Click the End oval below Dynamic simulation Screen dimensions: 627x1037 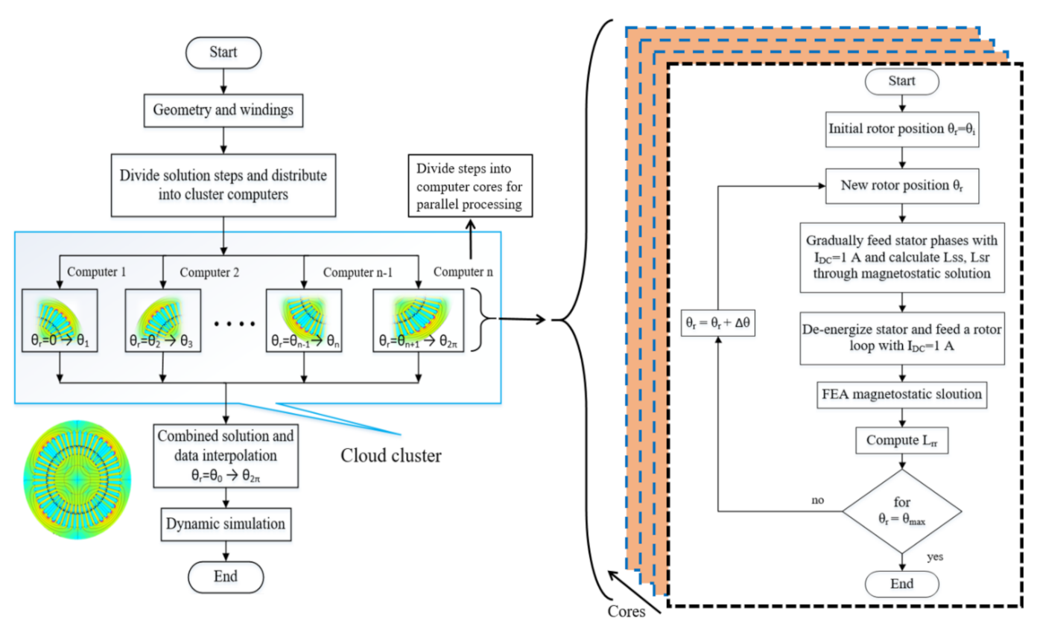[x=224, y=576]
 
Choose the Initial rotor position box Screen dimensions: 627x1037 [x=901, y=131]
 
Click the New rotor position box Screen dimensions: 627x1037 [x=901, y=185]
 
